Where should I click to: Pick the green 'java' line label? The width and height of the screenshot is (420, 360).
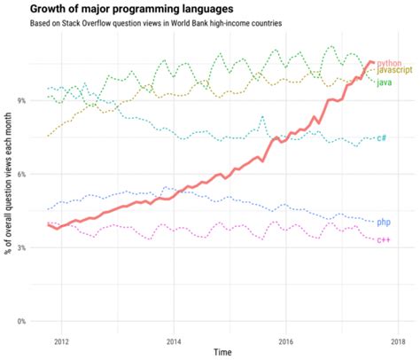pos(385,82)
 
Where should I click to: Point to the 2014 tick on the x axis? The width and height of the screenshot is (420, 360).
pos(174,340)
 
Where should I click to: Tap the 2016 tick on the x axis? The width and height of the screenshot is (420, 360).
pos(285,340)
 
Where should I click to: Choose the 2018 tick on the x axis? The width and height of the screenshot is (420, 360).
pos(398,340)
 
